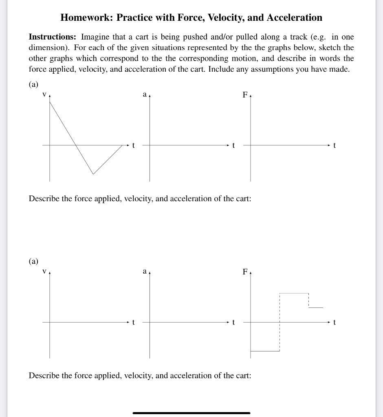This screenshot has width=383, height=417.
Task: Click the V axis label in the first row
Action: click(44, 94)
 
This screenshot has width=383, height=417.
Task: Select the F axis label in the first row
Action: click(245, 95)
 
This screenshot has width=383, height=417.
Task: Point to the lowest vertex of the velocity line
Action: click(93, 174)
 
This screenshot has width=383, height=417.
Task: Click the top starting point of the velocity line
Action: click(50, 101)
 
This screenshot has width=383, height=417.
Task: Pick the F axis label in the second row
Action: click(245, 272)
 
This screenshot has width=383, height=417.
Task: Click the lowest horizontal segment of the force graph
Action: click(265, 351)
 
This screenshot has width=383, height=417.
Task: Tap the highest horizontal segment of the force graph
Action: click(294, 293)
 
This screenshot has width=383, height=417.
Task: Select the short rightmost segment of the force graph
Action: click(316, 307)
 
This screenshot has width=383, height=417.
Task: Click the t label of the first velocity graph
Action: click(133, 145)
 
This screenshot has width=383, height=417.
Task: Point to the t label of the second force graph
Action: click(335, 323)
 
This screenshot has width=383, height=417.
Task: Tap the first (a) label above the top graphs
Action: click(33, 84)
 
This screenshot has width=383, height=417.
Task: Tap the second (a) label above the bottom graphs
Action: click(33, 261)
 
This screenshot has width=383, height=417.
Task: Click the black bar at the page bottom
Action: click(191, 413)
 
